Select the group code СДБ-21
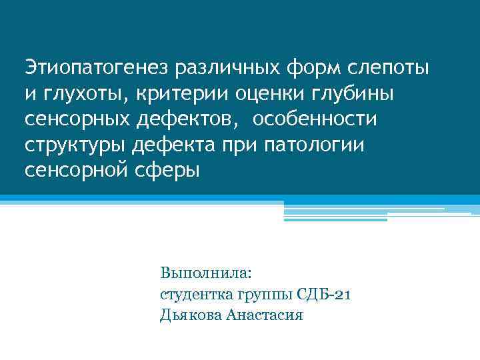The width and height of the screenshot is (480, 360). [325, 294]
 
